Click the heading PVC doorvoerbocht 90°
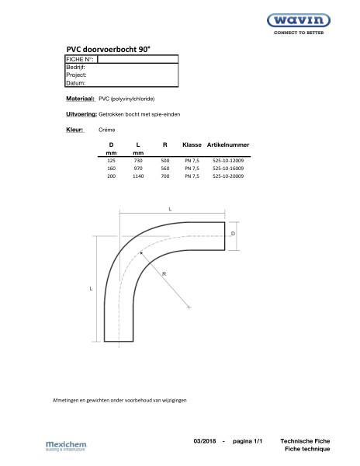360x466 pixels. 107,48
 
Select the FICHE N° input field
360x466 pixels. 137,59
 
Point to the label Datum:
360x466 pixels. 76,82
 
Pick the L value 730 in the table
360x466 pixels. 138,160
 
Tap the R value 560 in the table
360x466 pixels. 164,169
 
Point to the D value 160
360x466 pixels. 111,169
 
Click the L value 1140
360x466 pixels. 138,176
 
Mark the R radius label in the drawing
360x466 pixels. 164,274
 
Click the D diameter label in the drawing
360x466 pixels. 234,232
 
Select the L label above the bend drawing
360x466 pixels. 170,208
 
